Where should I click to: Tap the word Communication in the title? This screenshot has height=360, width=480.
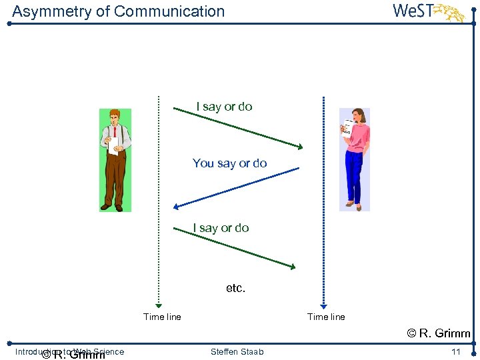click(x=169, y=11)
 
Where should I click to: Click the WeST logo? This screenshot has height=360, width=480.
click(x=427, y=12)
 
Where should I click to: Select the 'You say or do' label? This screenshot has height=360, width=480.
click(x=229, y=163)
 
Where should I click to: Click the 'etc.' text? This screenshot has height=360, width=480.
click(x=236, y=289)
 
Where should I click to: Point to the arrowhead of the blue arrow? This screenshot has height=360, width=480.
click(x=176, y=207)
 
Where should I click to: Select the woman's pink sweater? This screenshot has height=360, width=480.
click(x=358, y=136)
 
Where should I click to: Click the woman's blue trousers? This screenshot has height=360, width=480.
click(x=354, y=177)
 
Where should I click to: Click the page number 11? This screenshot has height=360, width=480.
click(x=456, y=352)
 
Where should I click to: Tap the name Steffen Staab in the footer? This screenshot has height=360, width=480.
click(x=237, y=352)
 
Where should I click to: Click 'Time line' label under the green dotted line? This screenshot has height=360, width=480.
click(x=162, y=317)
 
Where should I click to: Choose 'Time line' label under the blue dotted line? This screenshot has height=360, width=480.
click(x=326, y=317)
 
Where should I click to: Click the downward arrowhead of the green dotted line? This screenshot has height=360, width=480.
click(x=159, y=301)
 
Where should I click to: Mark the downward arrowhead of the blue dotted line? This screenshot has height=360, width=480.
click(x=323, y=301)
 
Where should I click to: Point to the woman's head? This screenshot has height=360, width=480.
click(x=358, y=115)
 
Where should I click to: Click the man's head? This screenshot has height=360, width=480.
click(x=115, y=117)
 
